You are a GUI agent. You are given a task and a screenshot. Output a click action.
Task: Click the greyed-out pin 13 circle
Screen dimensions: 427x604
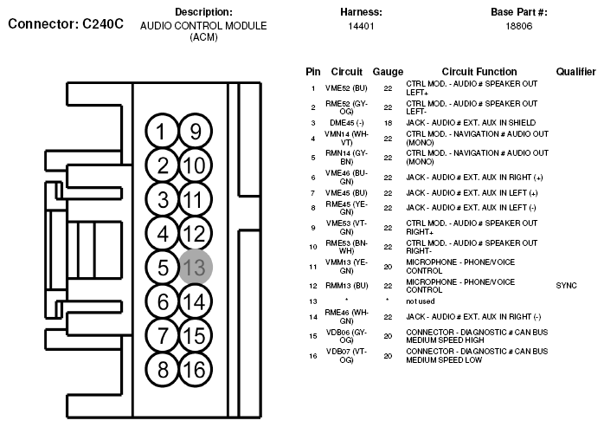196,267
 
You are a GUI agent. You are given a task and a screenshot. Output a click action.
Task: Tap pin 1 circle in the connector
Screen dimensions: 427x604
162,132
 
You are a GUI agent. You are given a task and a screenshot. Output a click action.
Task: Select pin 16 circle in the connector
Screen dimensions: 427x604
196,369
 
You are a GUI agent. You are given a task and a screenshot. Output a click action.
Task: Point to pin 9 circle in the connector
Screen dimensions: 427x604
196,132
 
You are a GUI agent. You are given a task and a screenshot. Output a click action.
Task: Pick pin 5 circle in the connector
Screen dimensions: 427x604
162,267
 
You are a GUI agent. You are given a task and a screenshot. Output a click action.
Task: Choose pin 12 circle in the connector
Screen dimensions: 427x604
196,233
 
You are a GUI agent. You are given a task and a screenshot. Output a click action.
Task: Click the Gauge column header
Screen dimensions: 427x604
388,71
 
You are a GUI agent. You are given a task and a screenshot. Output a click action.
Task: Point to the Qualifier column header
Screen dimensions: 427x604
575,71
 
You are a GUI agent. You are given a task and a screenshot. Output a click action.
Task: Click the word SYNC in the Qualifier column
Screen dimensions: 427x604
565,285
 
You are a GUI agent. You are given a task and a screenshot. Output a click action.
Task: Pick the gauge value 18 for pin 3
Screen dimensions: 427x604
388,123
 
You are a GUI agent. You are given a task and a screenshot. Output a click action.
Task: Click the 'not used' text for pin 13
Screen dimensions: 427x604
421,301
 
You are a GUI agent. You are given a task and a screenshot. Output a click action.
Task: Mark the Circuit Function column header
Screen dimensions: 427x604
479,71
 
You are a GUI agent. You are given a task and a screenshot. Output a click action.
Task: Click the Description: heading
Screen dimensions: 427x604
203,12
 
